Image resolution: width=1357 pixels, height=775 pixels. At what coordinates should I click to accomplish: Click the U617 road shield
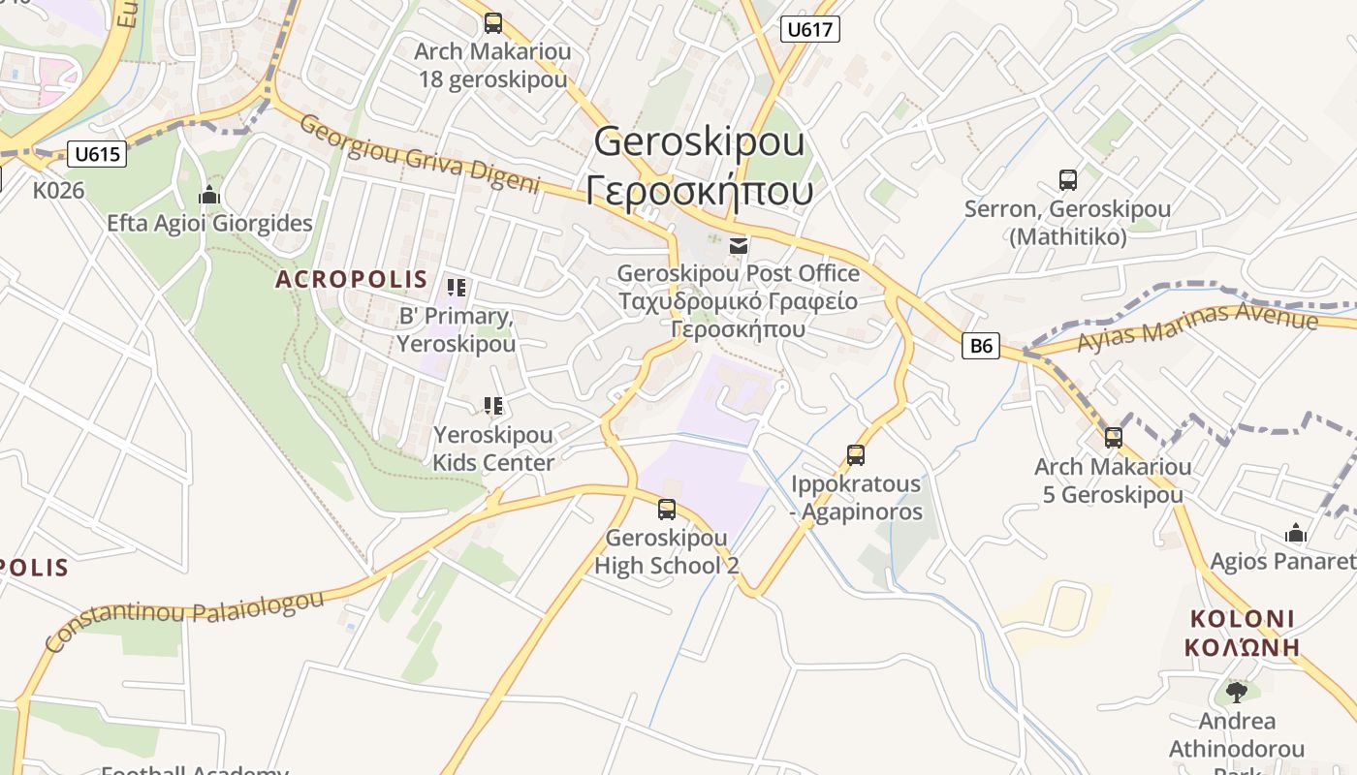coord(809,29)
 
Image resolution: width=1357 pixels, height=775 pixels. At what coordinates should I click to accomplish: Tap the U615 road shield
coord(98,153)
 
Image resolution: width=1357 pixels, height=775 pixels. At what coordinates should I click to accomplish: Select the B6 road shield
coord(981,345)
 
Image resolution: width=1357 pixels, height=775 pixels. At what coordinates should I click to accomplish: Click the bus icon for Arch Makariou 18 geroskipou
coord(493,22)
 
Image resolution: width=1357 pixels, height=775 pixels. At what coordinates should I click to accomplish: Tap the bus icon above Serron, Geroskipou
coord(1067,179)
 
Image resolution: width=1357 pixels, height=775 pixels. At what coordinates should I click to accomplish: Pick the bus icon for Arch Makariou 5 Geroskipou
coord(1113,437)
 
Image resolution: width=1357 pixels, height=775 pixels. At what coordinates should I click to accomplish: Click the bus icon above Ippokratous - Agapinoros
coord(855,454)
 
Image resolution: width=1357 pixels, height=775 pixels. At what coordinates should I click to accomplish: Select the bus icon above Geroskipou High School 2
coord(666,509)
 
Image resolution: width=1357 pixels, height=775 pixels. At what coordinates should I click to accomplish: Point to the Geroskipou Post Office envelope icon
coord(739,245)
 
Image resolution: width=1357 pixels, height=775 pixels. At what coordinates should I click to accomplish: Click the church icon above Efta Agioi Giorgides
coord(208,196)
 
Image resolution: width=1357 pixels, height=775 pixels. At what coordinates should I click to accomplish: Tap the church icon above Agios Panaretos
coord(1295,533)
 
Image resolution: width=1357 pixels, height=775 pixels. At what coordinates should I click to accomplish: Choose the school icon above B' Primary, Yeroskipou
coord(456,287)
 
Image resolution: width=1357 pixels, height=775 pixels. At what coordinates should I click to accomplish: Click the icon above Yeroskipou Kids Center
coord(493,405)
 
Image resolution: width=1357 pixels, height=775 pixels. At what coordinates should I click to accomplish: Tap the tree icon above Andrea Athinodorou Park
coord(1236,692)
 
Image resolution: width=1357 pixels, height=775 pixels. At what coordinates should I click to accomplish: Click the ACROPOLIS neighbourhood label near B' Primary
coord(351,279)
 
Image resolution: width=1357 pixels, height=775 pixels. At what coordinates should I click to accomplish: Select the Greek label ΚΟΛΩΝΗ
coord(1242,648)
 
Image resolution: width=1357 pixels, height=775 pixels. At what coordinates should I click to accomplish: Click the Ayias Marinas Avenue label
coord(1197,326)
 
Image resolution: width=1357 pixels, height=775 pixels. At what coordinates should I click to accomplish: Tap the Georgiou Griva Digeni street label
coord(419,154)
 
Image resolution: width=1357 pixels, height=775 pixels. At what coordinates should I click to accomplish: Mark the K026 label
coord(59,190)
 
